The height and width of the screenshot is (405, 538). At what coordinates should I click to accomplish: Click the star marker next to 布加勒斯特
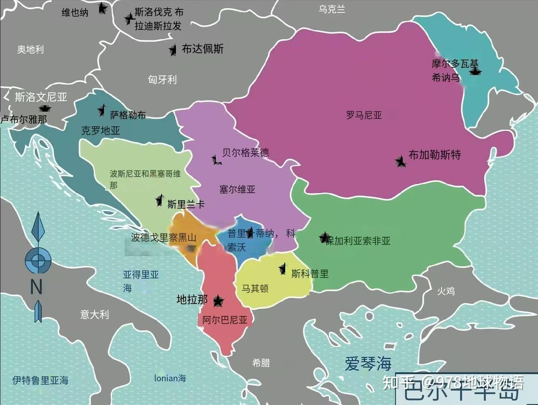coord(400,162)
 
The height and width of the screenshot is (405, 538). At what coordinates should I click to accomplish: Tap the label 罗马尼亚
coord(364,115)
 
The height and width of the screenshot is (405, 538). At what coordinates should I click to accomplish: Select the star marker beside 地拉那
coord(218,301)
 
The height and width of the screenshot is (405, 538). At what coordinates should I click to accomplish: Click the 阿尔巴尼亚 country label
coord(225,320)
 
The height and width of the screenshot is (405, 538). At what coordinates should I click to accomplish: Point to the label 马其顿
coord(255,288)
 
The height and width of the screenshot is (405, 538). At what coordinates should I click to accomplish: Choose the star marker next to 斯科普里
coord(283,269)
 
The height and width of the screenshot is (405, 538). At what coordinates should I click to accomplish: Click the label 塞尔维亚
coord(237,189)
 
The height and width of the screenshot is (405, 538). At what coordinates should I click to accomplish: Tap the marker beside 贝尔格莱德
coord(216,160)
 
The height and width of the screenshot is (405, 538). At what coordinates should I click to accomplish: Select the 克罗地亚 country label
coord(101,130)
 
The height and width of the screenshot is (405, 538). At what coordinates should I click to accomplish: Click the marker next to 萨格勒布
coord(102,110)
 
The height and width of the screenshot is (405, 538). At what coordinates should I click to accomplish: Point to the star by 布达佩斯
coord(173,49)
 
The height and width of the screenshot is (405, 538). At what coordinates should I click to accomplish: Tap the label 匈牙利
coord(162,80)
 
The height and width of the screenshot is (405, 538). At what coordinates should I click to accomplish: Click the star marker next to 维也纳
coord(102,8)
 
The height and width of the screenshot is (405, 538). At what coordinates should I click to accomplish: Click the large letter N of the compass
coord(36,287)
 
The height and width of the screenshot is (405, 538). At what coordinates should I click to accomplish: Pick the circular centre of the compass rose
coord(38,260)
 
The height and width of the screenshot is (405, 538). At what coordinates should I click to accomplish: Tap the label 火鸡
coord(446,291)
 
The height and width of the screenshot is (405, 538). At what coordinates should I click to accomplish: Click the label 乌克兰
coord(332,9)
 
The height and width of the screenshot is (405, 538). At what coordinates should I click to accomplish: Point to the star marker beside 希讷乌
coord(475,71)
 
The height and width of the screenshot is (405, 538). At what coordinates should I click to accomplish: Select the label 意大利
coord(94,314)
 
